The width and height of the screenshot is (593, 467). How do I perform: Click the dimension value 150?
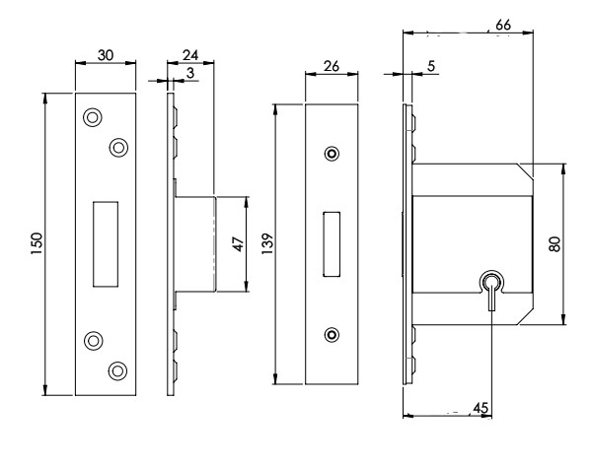pyautogui.click(x=36, y=243)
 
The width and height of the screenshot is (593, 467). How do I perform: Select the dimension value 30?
pyautogui.click(x=106, y=58)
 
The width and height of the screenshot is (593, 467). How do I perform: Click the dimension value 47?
pyautogui.click(x=237, y=243)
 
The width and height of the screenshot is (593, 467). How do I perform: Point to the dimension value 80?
pyautogui.click(x=556, y=243)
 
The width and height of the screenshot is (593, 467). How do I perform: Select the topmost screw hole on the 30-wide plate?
pyautogui.click(x=92, y=116)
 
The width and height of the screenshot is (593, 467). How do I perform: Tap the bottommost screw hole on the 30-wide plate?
pyautogui.click(x=118, y=369)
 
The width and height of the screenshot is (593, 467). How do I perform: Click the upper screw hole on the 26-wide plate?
pyautogui.click(x=331, y=155)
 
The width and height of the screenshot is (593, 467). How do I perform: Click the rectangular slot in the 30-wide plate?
pyautogui.click(x=105, y=243)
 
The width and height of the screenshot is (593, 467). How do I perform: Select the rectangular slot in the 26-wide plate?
pyautogui.click(x=331, y=242)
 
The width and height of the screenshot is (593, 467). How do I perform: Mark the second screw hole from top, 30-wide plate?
pyautogui.click(x=118, y=147)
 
